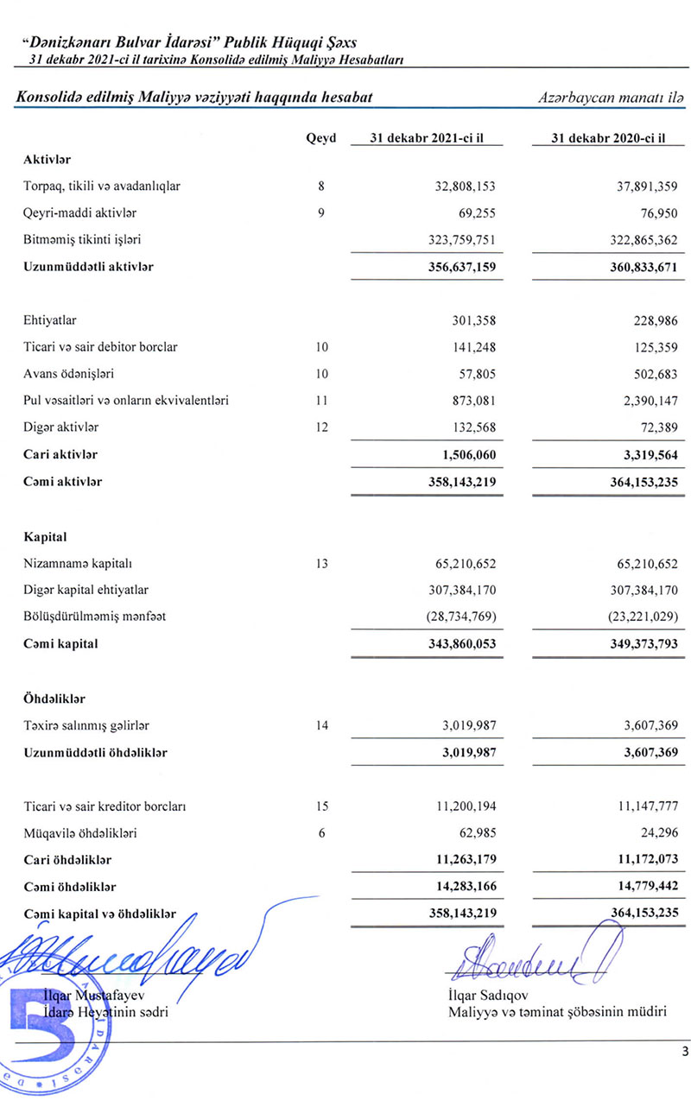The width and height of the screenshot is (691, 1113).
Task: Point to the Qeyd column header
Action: pos(321,140)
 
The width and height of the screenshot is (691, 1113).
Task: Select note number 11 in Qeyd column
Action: pos(321,401)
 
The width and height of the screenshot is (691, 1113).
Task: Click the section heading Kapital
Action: pos(46,537)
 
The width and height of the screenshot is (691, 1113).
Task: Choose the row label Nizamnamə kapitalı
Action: pos(77,564)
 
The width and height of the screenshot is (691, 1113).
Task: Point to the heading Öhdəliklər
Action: pos(54,698)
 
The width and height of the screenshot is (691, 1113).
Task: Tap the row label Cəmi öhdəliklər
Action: pos(70,887)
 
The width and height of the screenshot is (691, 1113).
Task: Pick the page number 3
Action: pos(684,1052)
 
